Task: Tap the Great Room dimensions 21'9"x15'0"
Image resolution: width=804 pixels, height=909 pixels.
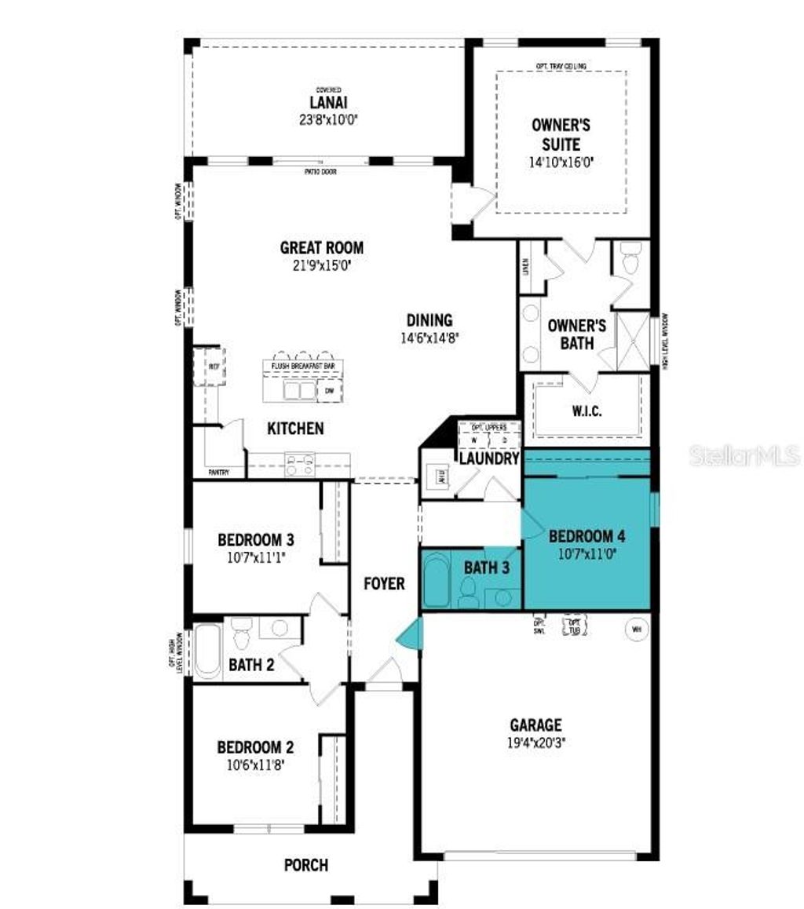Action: pyautogui.click(x=322, y=265)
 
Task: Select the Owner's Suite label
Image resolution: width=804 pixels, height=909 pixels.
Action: pyautogui.click(x=561, y=134)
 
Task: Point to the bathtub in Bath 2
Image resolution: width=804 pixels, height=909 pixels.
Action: pyautogui.click(x=208, y=651)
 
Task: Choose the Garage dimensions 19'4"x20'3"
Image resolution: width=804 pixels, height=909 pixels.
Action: pyautogui.click(x=535, y=741)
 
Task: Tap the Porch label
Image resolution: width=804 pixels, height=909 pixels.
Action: pyautogui.click(x=306, y=865)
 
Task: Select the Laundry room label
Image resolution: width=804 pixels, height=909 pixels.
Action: pyautogui.click(x=488, y=458)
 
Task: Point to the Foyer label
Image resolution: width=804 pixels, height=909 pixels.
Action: pyautogui.click(x=384, y=583)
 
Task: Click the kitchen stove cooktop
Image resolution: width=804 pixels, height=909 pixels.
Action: pyautogui.click(x=299, y=465)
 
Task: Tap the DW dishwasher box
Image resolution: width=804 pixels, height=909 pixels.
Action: pyautogui.click(x=329, y=390)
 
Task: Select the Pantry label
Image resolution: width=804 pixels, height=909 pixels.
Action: pyautogui.click(x=219, y=473)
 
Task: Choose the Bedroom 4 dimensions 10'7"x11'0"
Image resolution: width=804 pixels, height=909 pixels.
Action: pyautogui.click(x=587, y=553)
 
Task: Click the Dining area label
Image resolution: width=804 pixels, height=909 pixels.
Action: pyautogui.click(x=429, y=320)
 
